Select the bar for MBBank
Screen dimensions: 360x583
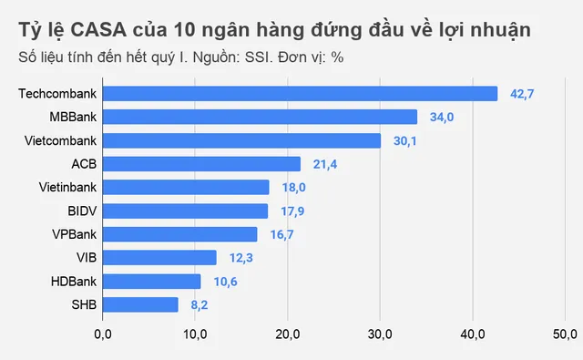pyautogui.click(x=260, y=117)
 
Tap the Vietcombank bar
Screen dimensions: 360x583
pyautogui.click(x=241, y=140)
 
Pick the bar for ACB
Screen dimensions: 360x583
pyautogui.click(x=201, y=164)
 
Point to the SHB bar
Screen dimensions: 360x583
pyautogui.click(x=140, y=304)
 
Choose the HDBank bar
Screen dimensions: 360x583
pyautogui.click(x=151, y=281)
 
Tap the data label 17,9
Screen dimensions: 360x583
pyautogui.click(x=292, y=211)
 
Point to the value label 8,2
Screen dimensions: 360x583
pyautogui.click(x=199, y=304)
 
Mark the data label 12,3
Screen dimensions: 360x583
pyautogui.click(x=240, y=258)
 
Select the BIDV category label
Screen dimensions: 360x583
pyautogui.click(x=81, y=211)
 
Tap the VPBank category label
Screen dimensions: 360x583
pyautogui.click(x=73, y=234)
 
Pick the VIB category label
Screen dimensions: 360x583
pyautogui.click(x=87, y=258)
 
